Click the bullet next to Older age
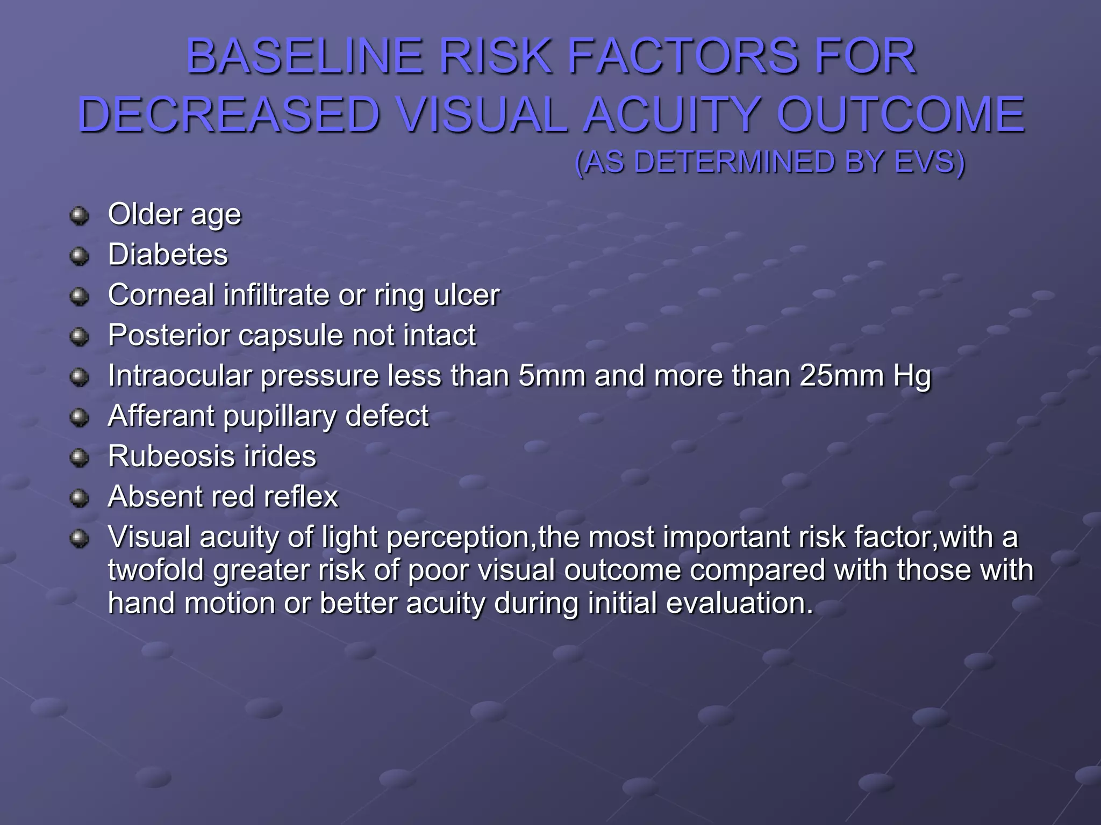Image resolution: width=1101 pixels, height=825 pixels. coord(80,216)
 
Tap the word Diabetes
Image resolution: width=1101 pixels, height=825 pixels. coord(168,255)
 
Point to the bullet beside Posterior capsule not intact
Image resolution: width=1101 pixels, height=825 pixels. coord(80,337)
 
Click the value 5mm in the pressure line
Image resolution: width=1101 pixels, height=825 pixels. coord(552,375)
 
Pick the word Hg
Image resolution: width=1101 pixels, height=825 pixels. coord(912,377)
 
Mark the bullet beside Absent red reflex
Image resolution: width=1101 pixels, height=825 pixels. coord(80,498)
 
